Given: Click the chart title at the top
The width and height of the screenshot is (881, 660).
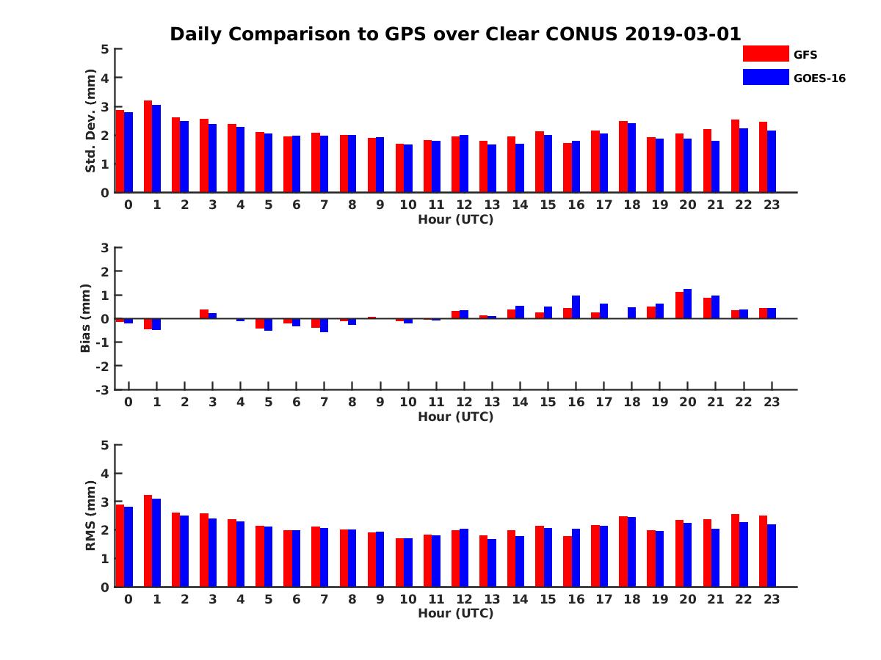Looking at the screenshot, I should tap(455, 34).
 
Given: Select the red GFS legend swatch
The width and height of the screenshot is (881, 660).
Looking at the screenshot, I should tap(765, 54).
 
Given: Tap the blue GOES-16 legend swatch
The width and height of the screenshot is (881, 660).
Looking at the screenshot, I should tap(765, 77).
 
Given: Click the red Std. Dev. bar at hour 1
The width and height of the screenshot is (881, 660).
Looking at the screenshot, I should tap(148, 147).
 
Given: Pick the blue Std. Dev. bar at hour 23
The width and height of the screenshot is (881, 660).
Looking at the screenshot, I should tap(772, 161).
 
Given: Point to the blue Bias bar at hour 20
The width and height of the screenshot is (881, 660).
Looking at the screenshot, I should tap(687, 304).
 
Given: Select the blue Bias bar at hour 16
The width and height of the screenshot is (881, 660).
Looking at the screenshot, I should tap(576, 307).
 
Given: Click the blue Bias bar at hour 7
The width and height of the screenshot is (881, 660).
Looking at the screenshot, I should tap(324, 325).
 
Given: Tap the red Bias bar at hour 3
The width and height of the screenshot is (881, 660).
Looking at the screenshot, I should tap(204, 314).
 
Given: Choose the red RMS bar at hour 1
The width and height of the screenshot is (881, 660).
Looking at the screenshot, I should tap(148, 541).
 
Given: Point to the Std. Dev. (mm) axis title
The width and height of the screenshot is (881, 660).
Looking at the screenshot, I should tap(91, 121).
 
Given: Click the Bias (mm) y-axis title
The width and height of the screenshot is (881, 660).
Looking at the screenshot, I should tap(87, 318).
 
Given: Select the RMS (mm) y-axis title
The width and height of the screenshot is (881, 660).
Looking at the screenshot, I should tap(91, 516).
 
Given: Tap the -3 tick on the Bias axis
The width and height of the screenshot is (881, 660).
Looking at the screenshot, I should tap(104, 389).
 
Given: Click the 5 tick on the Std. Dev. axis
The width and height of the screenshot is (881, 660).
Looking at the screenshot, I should tap(105, 49).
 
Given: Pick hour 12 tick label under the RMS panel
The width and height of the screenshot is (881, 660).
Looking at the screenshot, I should tap(463, 599).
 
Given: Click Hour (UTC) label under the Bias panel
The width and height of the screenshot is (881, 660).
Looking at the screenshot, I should tap(455, 417).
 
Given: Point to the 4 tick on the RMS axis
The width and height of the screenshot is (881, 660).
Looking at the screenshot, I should tap(105, 473).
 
